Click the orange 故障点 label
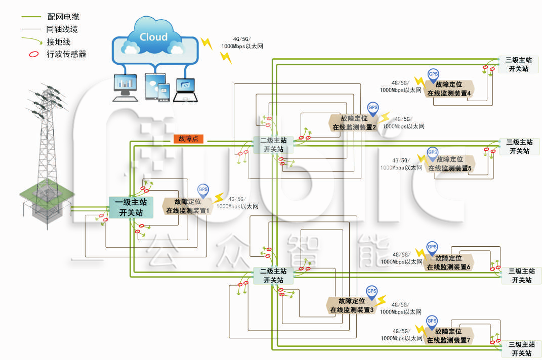tap(188, 139)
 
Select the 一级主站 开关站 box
tap(131, 208)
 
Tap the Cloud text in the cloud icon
tap(153, 37)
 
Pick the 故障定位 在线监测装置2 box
tap(354, 123)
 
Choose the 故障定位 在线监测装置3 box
tap(352, 305)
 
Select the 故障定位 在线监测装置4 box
tap(449, 89)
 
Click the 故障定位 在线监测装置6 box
tap(449, 262)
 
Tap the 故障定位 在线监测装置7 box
tap(448, 336)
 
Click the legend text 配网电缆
tap(62, 17)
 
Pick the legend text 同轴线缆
tap(62, 29)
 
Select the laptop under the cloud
tap(186, 90)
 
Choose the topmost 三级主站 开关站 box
tap(519, 65)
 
